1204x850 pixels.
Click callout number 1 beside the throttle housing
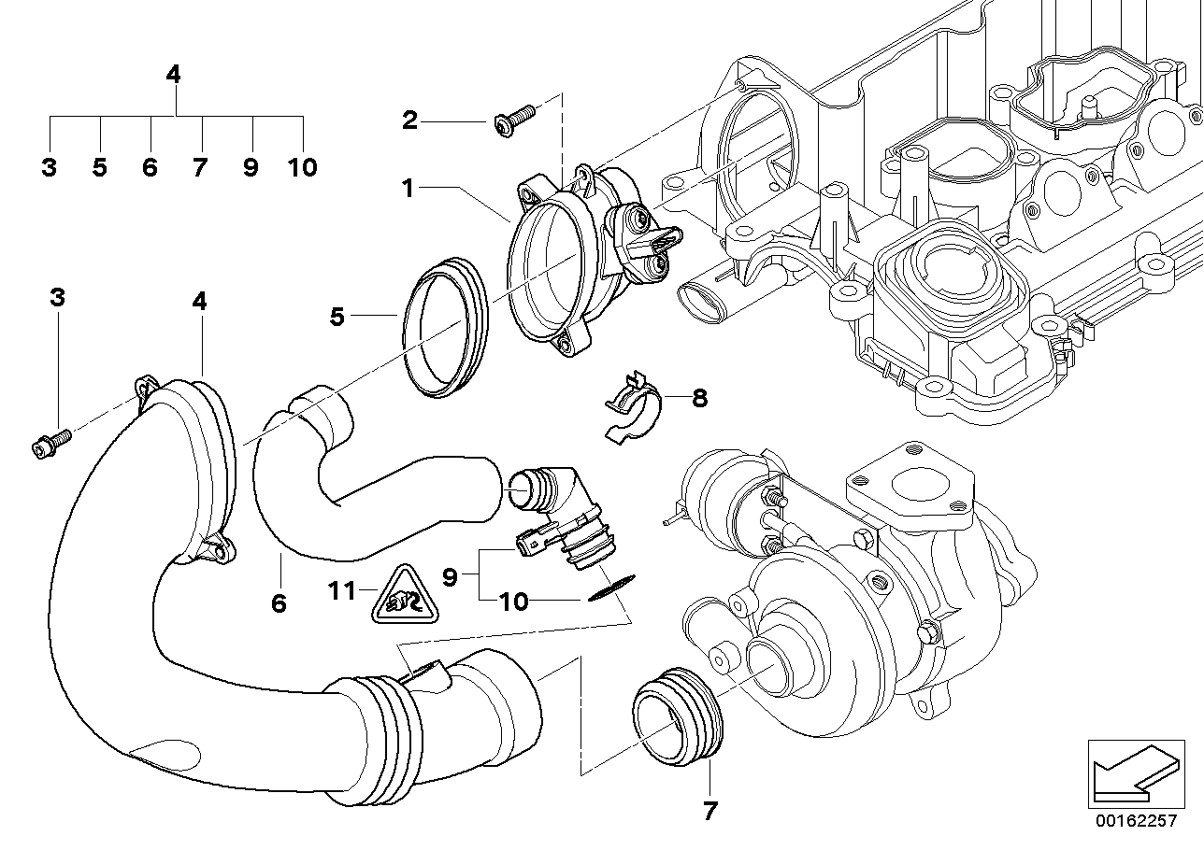click(x=408, y=188)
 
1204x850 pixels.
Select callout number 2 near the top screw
click(x=409, y=120)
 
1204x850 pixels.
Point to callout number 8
click(x=699, y=399)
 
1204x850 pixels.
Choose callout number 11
click(x=343, y=590)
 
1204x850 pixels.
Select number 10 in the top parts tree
click(x=302, y=168)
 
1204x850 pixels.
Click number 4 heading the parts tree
click(x=173, y=74)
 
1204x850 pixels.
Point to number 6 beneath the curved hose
click(x=278, y=603)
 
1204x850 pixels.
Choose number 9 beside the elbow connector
click(x=450, y=578)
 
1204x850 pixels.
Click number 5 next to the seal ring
click(x=337, y=317)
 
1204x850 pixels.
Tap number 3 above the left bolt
click(x=57, y=298)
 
